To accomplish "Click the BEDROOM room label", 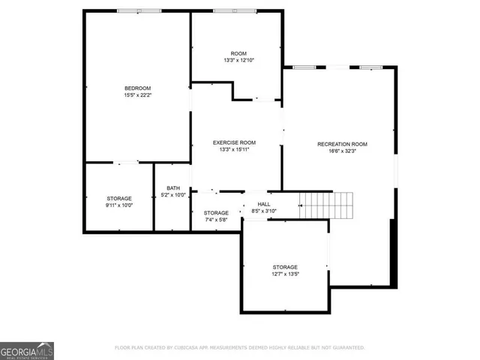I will coord(137,88).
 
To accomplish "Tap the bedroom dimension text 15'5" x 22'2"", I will coord(137,95).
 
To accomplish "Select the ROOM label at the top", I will coord(238,53).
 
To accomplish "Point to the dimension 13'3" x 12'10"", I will coord(238,61).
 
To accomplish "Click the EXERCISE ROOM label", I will coord(234,142).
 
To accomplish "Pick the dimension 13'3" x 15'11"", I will coord(234,150).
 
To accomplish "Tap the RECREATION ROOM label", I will coord(342,144).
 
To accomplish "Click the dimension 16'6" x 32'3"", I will coord(342,151).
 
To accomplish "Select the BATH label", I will coord(173,188).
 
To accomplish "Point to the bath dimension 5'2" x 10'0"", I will coord(173,196).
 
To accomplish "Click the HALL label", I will coord(264,204).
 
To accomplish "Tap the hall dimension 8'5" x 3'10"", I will coord(264,211).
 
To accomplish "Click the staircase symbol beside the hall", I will coord(326,205).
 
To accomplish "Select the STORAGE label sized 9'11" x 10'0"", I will coord(118,198).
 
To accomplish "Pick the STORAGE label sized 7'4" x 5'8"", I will coord(216,213).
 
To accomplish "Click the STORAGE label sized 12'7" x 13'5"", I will coord(285,267).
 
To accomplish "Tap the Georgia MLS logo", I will coord(27,350).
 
